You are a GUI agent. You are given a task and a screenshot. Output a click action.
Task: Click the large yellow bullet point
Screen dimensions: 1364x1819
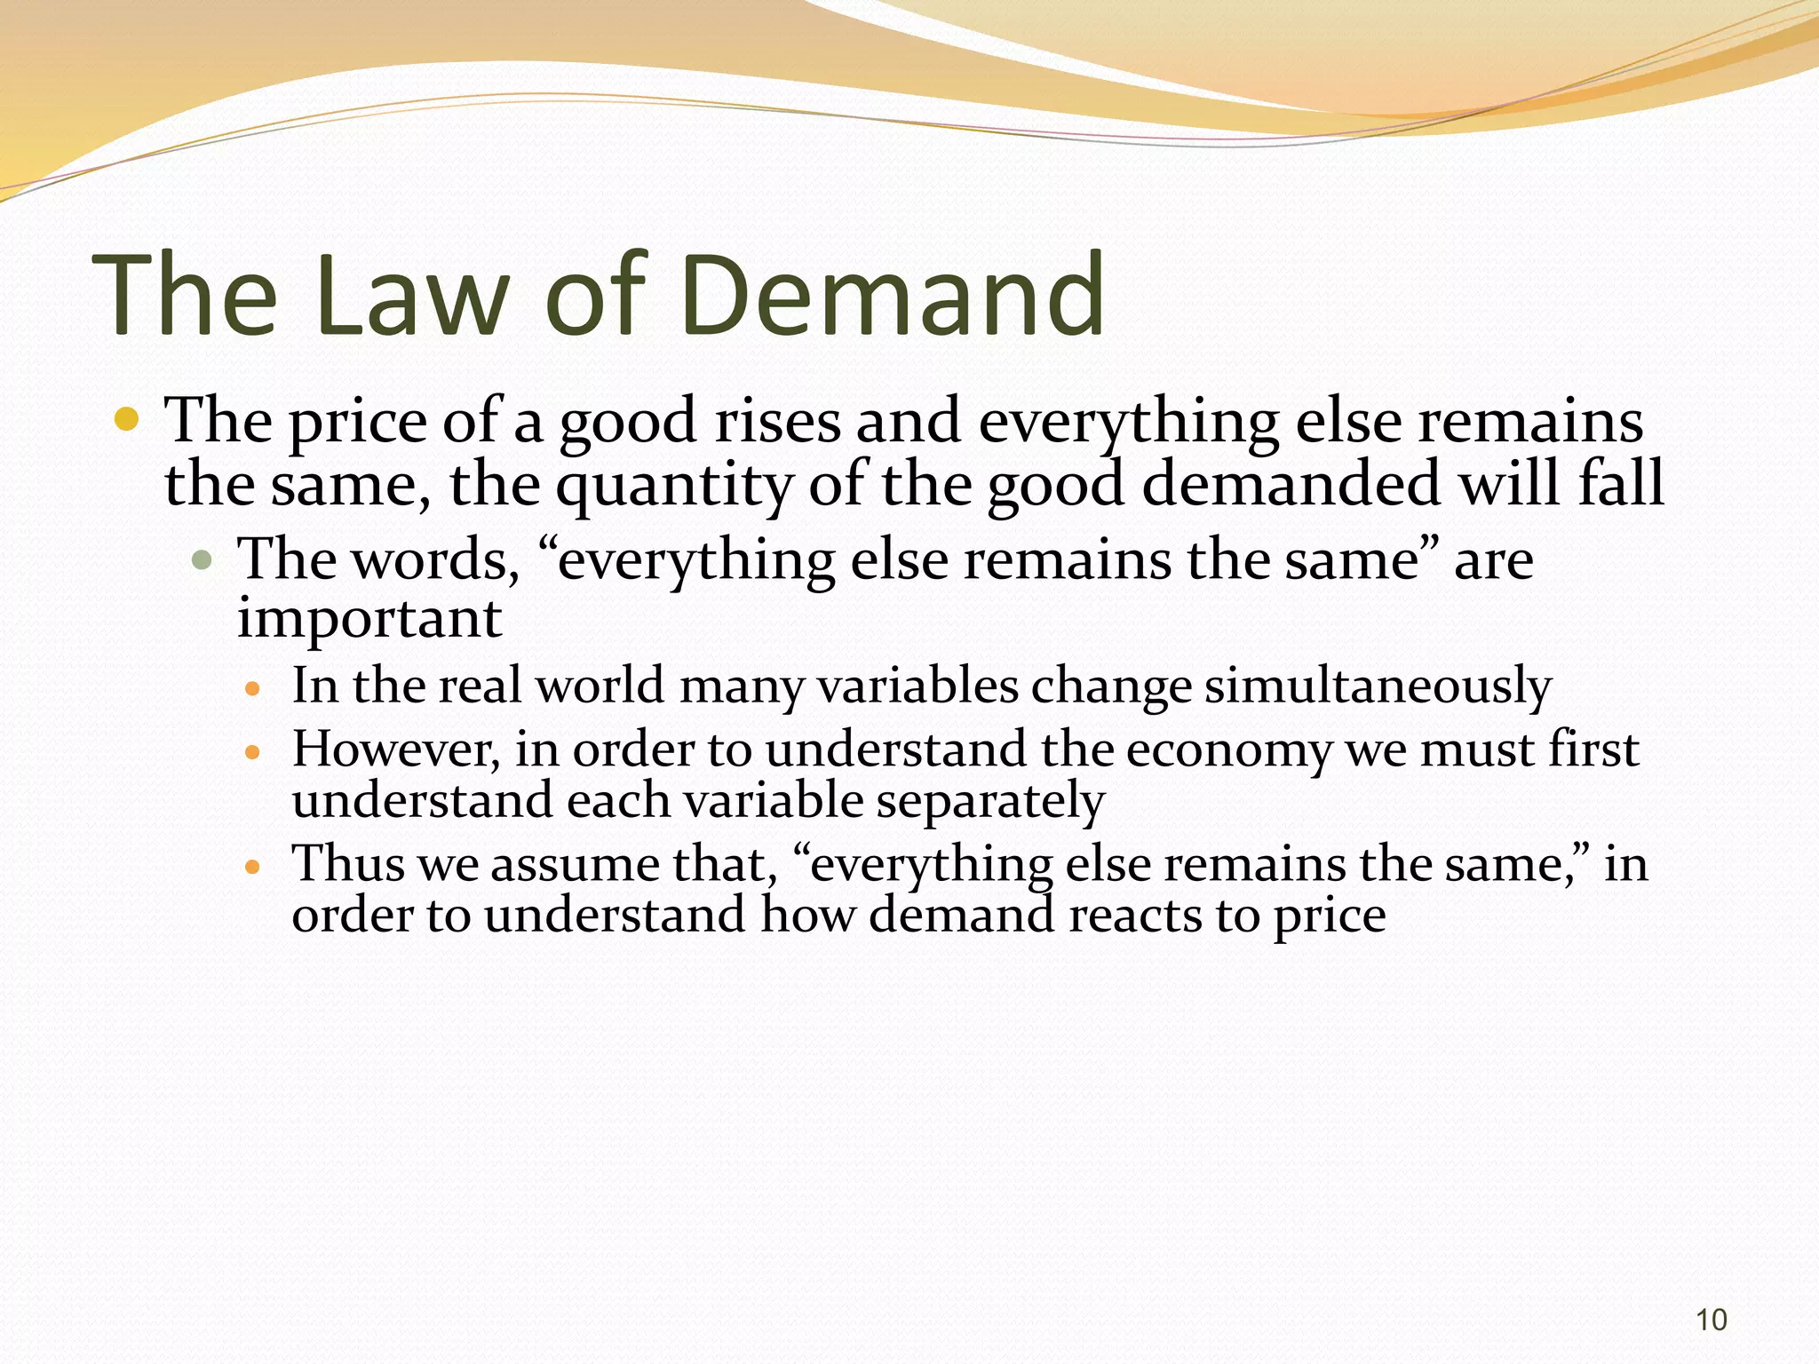coord(127,418)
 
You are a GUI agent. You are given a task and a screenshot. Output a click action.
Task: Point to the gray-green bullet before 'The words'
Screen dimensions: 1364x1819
coord(203,559)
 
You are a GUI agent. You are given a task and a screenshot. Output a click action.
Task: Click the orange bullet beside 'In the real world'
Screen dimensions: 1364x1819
coord(253,688)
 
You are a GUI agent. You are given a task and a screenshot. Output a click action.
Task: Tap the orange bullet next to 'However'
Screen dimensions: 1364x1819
coord(253,752)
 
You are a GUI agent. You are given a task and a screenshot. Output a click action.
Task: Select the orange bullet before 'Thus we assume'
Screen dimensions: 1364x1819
coord(253,866)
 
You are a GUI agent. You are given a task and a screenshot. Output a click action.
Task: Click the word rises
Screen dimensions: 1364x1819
coord(777,421)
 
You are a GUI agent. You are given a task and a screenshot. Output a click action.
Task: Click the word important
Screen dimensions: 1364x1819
coord(369,618)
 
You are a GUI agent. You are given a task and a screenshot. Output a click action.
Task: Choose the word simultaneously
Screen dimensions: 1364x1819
coord(1378,686)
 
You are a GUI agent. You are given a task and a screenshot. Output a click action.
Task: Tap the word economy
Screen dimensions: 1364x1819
coord(1229,751)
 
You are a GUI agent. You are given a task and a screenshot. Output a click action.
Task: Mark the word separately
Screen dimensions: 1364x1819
coord(990,802)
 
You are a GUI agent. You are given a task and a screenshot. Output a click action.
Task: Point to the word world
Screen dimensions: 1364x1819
coord(600,686)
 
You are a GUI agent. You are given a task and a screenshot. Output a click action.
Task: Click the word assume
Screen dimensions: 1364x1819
coord(574,864)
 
